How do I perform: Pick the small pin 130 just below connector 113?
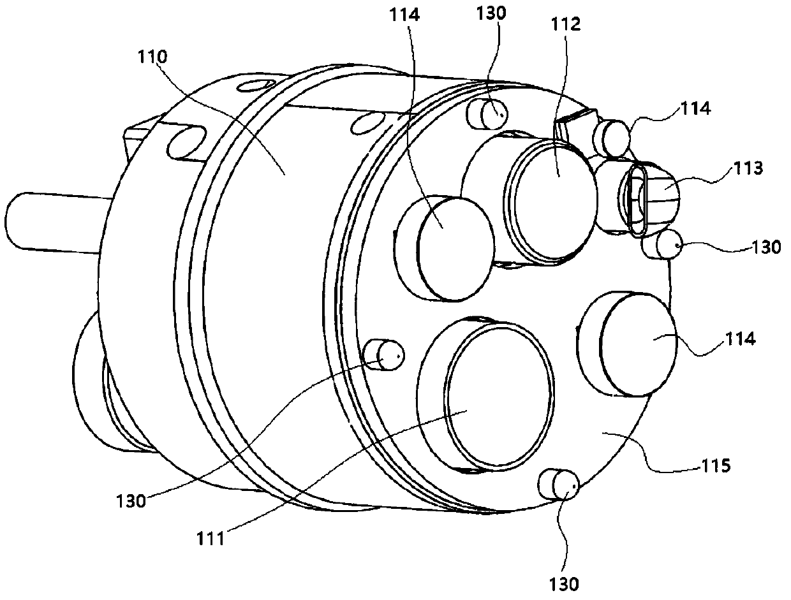tap(667, 245)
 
